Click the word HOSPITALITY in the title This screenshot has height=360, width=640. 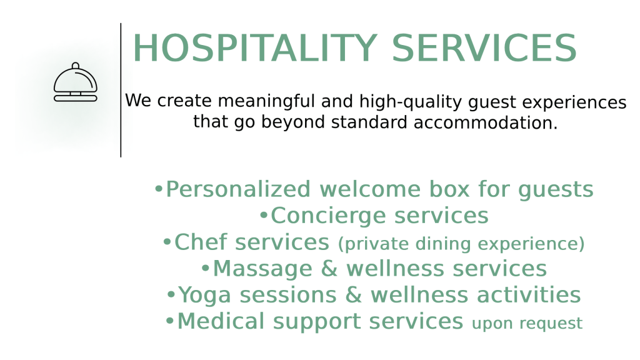pos(255,48)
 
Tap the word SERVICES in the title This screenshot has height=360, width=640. pos(484,48)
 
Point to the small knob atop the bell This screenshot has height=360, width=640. pos(76,66)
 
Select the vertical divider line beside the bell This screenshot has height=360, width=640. pos(121,90)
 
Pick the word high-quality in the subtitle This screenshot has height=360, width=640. pos(410,102)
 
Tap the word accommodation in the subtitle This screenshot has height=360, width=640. pos(485,122)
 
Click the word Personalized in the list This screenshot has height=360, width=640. pos(238,189)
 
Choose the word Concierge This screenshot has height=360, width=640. pos(328,216)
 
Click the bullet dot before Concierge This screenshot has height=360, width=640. pos(264,215)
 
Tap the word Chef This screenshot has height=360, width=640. pos(201,242)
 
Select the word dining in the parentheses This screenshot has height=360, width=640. pos(443,244)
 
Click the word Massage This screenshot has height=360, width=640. pos(262,269)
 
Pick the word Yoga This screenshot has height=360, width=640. pos(204,295)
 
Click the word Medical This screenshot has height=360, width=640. pos(221,321)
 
